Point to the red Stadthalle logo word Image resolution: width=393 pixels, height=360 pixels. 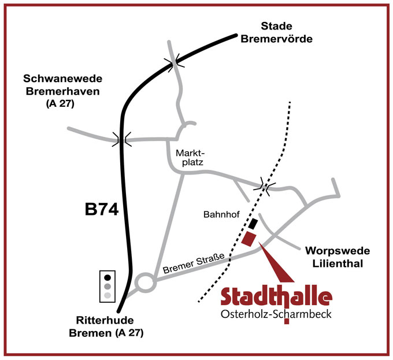(277, 296)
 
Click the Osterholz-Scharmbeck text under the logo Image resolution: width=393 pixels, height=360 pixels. (277, 314)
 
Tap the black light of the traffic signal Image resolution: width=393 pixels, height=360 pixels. (108, 276)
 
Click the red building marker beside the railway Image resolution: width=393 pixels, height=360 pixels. (250, 239)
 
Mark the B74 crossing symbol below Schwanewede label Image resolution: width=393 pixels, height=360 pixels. (121, 139)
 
